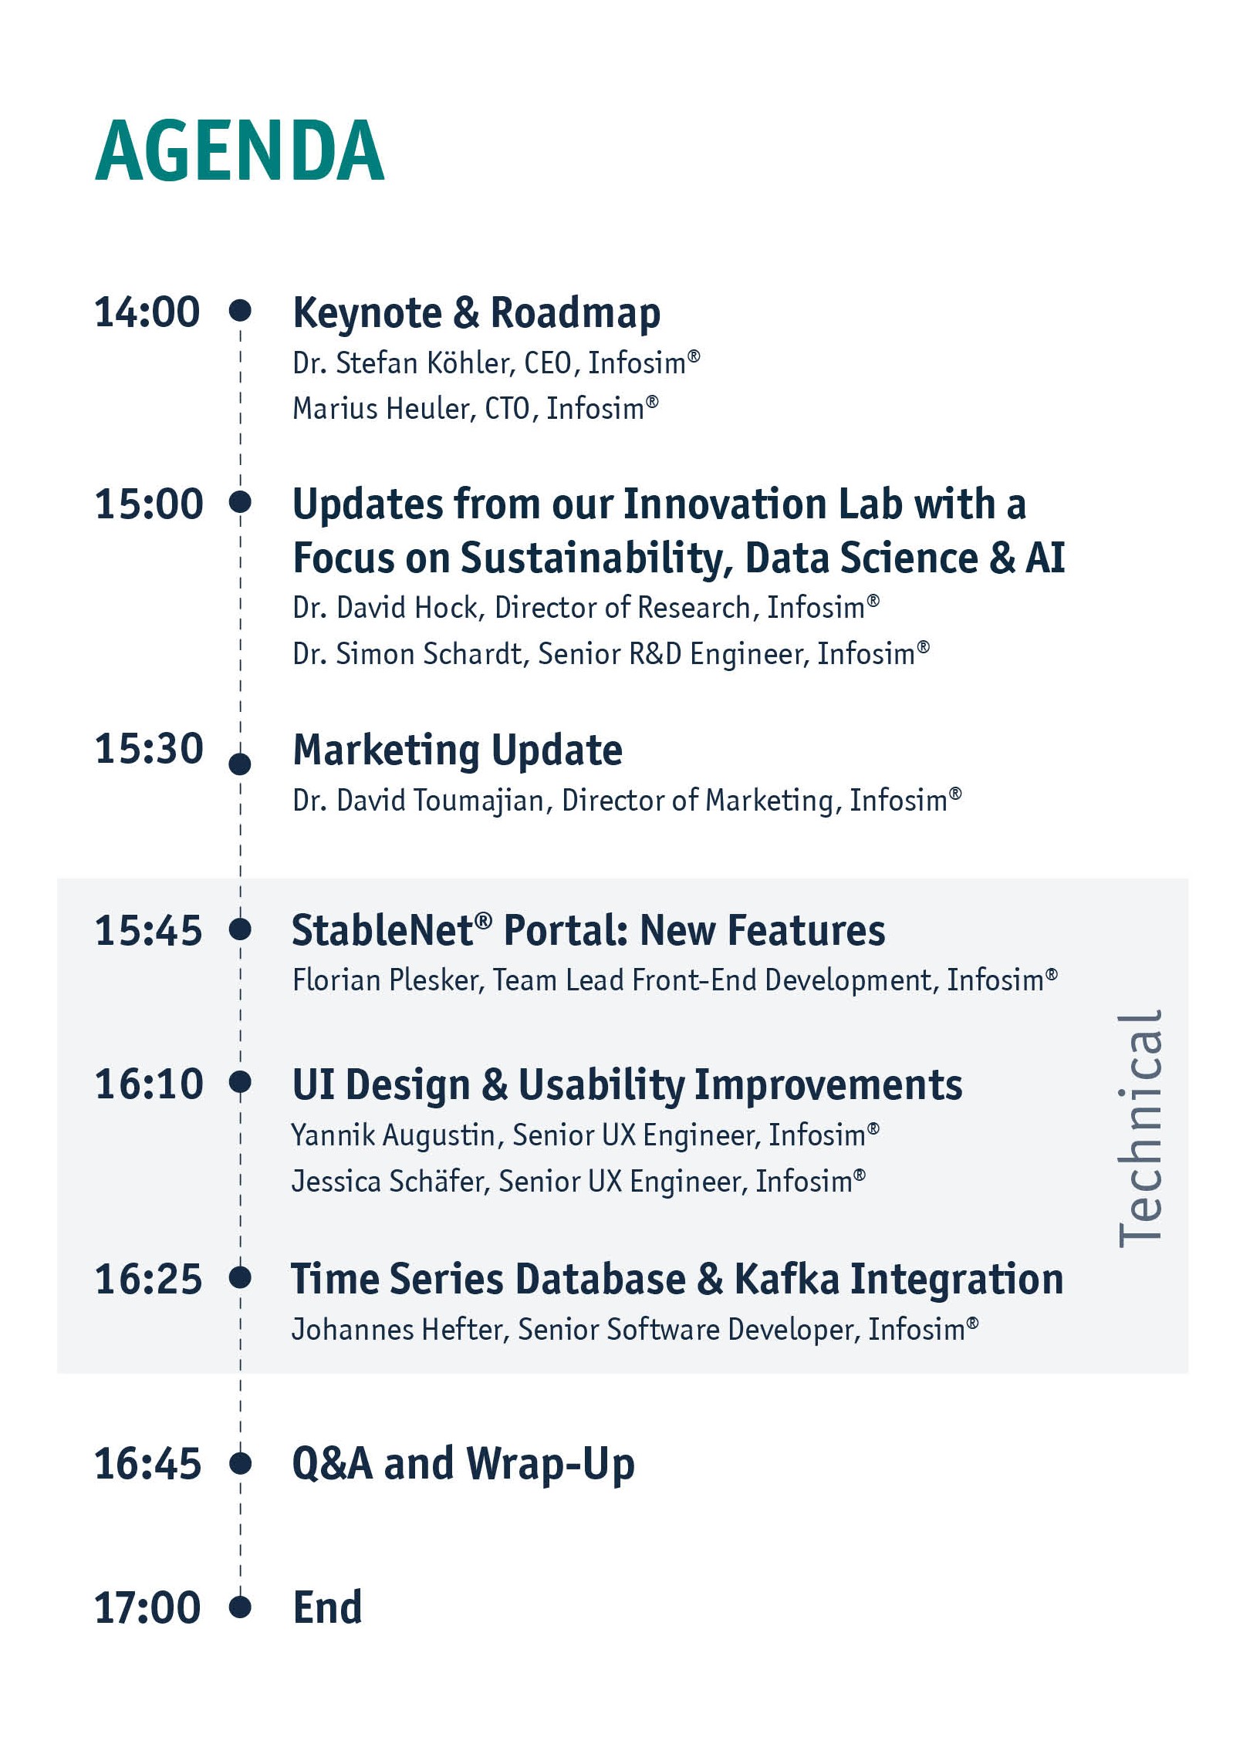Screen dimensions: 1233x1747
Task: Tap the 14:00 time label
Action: pos(147,312)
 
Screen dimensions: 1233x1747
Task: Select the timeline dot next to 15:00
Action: pos(240,502)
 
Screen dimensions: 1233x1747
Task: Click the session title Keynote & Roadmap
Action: pos(476,313)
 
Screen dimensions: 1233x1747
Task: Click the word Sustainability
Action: pos(596,558)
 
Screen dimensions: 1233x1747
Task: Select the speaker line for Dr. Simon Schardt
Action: pos(611,654)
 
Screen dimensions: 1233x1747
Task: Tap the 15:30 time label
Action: pos(148,749)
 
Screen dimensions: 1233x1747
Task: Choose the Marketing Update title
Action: pos(458,750)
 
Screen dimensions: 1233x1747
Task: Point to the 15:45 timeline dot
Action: pos(240,929)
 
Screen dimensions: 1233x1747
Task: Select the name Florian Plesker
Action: pos(388,980)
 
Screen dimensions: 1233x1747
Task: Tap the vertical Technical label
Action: pos(1140,1128)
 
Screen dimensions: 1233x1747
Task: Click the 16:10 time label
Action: pos(148,1084)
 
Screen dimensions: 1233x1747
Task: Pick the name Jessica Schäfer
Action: pos(390,1182)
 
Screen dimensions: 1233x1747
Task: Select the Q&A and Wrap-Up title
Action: pos(464,1464)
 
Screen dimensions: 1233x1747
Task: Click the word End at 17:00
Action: pos(327,1608)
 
